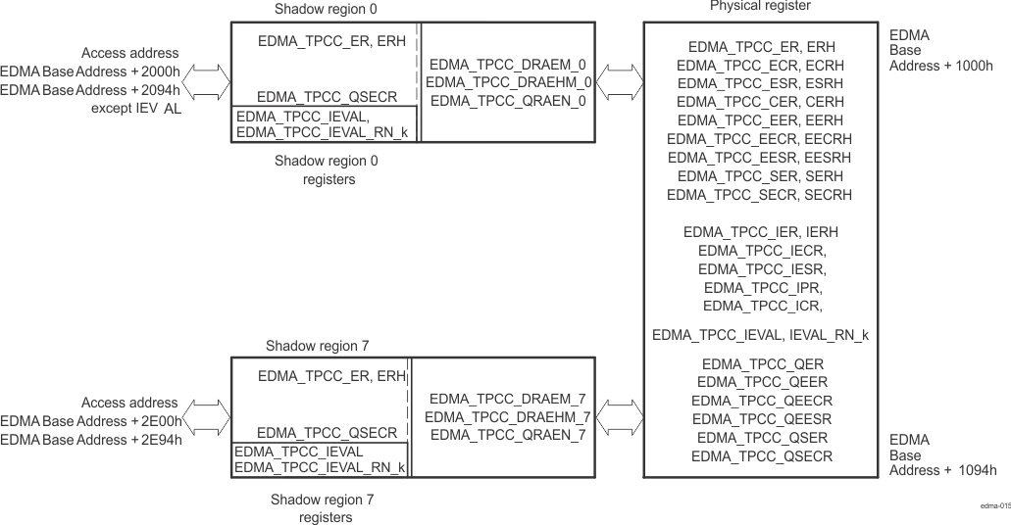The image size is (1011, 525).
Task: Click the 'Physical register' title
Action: click(x=760, y=7)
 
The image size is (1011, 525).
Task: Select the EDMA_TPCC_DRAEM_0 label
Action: click(x=508, y=64)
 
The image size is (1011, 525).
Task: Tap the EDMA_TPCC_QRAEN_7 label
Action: click(x=508, y=435)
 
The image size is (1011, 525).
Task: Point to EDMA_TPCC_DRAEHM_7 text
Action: click(x=508, y=417)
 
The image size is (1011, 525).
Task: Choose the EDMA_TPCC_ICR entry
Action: click(x=763, y=306)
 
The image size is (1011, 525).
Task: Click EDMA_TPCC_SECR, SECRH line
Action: click(x=759, y=195)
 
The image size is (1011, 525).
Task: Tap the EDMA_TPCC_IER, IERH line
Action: click(x=760, y=232)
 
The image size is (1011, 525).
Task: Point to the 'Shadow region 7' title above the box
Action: click(x=317, y=346)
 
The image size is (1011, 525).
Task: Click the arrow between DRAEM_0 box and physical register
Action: click(x=616, y=74)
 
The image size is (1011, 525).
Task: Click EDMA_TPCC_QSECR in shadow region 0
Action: click(x=327, y=97)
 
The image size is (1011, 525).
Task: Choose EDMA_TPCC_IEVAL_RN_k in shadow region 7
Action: click(x=320, y=468)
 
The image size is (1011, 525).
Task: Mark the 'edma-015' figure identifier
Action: click(x=994, y=506)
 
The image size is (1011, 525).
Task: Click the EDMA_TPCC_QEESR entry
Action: click(x=762, y=419)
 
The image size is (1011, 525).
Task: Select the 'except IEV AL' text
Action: click(x=136, y=108)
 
